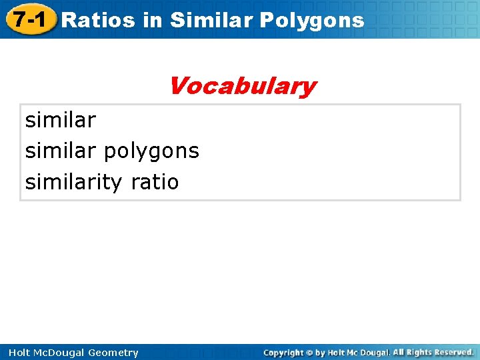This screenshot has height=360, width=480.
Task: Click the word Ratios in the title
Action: pyautogui.click(x=99, y=20)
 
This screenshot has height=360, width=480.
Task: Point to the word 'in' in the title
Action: pyautogui.click(x=152, y=20)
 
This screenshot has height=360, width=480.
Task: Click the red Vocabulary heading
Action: pyautogui.click(x=242, y=86)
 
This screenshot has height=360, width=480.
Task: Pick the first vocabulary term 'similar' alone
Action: pyautogui.click(x=61, y=121)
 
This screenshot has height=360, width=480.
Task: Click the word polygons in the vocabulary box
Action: pyautogui.click(x=151, y=151)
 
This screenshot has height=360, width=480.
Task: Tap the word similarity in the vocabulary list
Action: pyautogui.click(x=74, y=182)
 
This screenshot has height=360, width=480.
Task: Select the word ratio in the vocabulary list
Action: pyautogui.click(x=155, y=182)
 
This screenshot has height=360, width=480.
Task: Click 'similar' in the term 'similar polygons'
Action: pyautogui.click(x=61, y=151)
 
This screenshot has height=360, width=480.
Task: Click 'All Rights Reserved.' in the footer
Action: pyautogui.click(x=433, y=352)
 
